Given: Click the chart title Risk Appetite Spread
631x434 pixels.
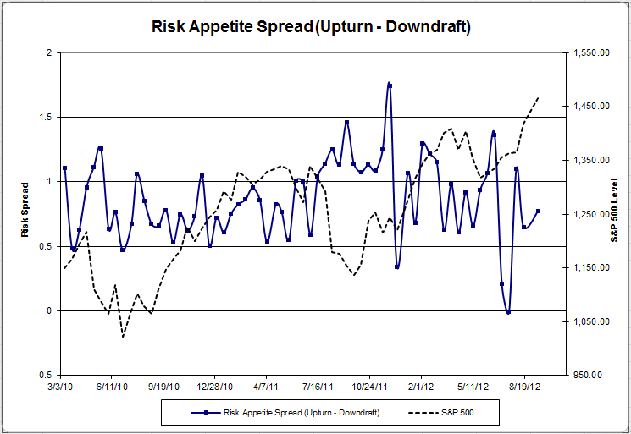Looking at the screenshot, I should click(310, 26).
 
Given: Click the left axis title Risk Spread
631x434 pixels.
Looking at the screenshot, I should click(25, 213).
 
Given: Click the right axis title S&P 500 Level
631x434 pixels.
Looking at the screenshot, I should click(614, 213).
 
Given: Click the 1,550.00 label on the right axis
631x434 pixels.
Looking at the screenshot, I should click(591, 52).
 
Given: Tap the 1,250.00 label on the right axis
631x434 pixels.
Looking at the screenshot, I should click(591, 214).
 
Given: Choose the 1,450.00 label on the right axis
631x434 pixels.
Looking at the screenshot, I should click(591, 107).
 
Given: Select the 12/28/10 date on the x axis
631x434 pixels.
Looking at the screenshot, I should click(214, 384).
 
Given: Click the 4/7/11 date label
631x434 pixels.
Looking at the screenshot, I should click(266, 384).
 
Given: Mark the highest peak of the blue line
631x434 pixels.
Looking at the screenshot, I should click(389, 84).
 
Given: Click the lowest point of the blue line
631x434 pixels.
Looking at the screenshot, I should click(508, 312).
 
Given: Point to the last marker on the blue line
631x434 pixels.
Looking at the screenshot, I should click(538, 212).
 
